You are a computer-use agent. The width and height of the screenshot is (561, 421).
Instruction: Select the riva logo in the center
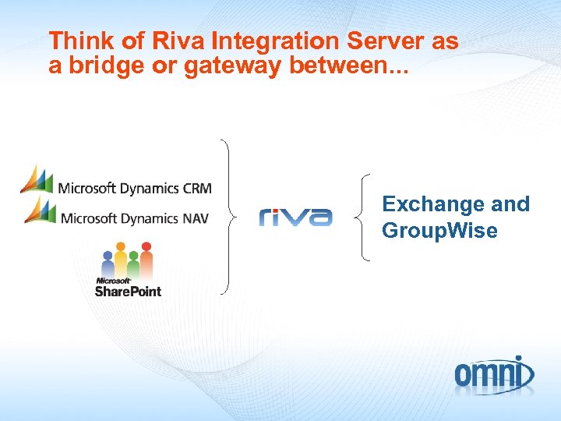pos(295,217)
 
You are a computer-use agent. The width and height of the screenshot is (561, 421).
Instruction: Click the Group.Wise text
pos(439,231)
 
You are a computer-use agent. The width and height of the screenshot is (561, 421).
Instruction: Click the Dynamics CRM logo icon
pos(37,179)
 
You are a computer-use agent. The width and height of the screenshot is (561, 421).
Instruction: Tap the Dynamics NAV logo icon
pos(39,210)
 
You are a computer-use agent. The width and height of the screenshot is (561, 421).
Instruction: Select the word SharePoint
pos(128,291)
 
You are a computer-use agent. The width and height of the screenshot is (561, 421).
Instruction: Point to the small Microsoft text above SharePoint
pos(112,280)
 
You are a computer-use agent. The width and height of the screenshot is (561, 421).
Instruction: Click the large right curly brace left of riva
pos(226,217)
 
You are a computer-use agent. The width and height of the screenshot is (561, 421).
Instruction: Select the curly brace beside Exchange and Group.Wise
pos(362,217)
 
